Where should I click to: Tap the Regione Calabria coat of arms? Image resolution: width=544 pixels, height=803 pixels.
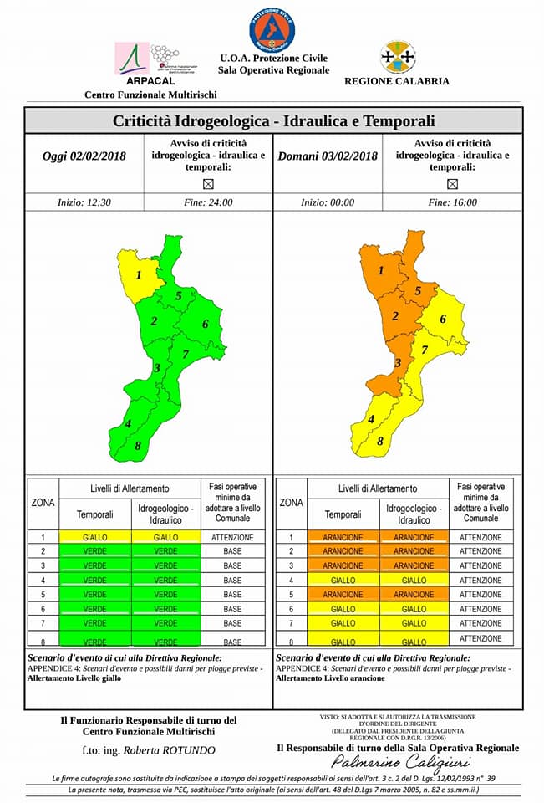click(397, 57)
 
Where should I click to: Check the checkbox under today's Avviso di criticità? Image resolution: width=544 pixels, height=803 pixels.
click(208, 183)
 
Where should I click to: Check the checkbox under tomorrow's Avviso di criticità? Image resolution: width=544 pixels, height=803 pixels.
click(452, 183)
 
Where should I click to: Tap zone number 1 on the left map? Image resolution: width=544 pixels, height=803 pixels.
click(139, 274)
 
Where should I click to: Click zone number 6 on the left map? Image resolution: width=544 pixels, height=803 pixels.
click(205, 325)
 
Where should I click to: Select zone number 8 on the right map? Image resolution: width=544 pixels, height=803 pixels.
click(380, 441)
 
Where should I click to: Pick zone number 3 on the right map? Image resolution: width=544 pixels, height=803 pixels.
click(398, 362)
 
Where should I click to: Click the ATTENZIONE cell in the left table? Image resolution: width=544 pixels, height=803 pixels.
click(232, 537)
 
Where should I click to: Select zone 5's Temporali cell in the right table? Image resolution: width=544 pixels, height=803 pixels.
click(343, 595)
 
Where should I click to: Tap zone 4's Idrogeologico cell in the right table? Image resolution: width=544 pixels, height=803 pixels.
click(414, 581)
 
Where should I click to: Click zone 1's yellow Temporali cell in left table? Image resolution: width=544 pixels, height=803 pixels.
click(94, 537)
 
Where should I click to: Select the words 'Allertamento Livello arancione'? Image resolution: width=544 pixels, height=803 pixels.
click(332, 678)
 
